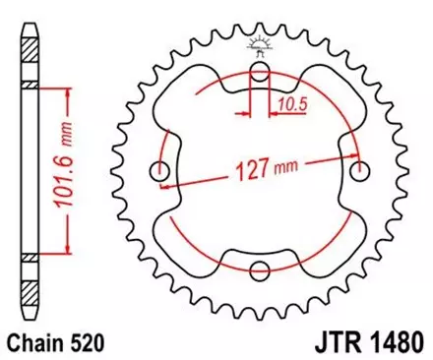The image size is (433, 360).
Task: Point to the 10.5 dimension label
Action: coord(285,100)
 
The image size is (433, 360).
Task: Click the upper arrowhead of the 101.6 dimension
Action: coord(66,91)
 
